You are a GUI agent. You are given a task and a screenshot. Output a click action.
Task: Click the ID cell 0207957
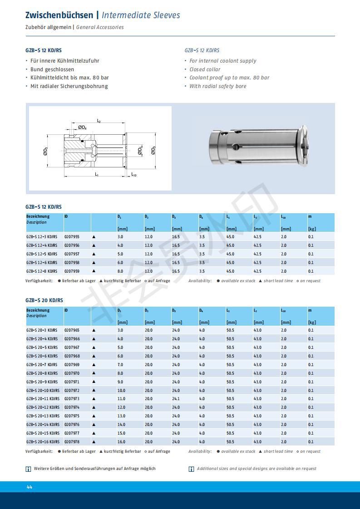(72, 254)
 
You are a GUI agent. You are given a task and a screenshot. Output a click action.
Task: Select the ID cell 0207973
(72, 399)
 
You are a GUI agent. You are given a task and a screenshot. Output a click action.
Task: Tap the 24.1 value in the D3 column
(176, 399)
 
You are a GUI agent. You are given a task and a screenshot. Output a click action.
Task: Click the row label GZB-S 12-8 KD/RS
(42, 271)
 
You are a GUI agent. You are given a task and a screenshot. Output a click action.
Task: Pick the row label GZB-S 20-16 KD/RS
(43, 442)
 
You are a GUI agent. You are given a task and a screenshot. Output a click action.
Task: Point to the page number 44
(30, 487)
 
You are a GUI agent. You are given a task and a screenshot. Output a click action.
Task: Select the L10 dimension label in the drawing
(133, 175)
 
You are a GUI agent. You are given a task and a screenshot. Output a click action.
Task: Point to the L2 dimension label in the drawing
(99, 121)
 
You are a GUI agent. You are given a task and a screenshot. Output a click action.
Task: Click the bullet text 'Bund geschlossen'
(52, 69)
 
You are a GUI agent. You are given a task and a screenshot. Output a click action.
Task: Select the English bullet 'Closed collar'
(205, 69)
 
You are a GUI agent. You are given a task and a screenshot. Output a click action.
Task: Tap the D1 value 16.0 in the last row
(121, 442)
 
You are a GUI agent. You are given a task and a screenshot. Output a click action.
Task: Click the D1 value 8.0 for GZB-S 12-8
(120, 271)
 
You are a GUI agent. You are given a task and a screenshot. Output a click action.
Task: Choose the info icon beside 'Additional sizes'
(192, 469)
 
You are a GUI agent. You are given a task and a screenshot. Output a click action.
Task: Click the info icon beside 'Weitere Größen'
(29, 469)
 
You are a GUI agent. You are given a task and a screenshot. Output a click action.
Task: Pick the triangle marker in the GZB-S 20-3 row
(94, 330)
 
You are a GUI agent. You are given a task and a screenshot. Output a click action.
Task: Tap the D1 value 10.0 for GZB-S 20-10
(121, 391)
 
